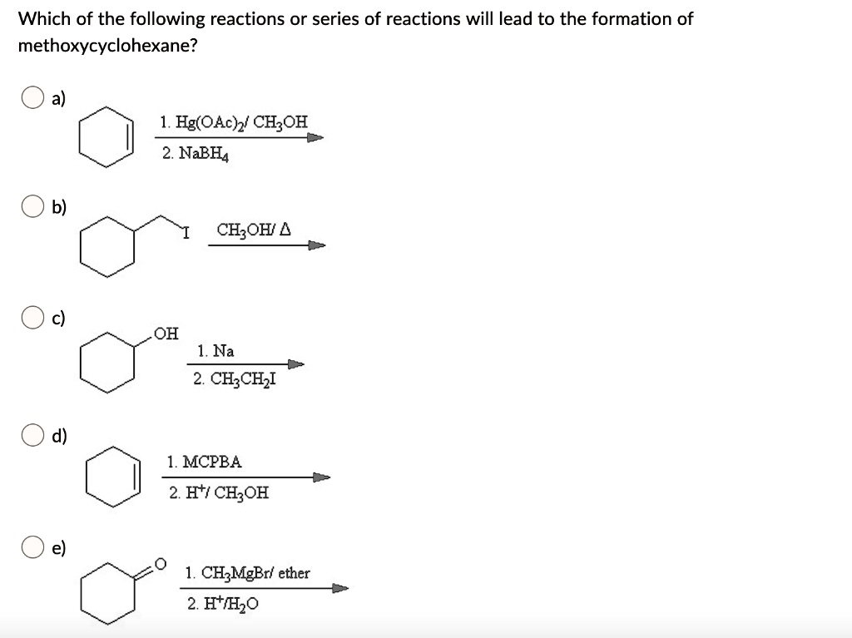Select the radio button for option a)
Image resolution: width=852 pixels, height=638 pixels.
(32, 98)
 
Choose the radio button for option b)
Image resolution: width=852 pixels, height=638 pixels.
(32, 206)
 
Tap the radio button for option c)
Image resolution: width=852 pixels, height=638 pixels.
(32, 318)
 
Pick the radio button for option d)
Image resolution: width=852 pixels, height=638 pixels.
(32, 435)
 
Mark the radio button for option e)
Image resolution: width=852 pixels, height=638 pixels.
(32, 547)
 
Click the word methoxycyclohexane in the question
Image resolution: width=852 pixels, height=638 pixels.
(107, 47)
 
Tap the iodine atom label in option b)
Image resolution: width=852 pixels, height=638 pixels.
(186, 234)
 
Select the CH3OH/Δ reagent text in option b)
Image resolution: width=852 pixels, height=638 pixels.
(254, 230)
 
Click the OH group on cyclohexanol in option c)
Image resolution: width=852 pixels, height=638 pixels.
(166, 333)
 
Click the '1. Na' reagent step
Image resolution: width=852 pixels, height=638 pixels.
(215, 351)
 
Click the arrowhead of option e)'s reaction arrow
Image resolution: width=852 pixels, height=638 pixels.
(340, 588)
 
